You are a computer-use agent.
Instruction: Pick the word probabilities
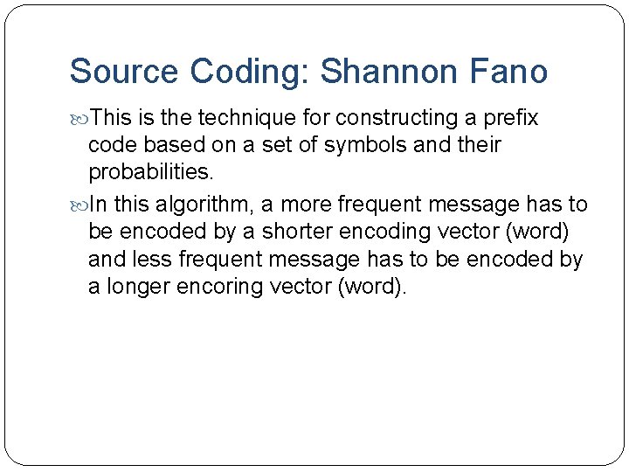150,171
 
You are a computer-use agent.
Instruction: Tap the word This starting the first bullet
110,118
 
